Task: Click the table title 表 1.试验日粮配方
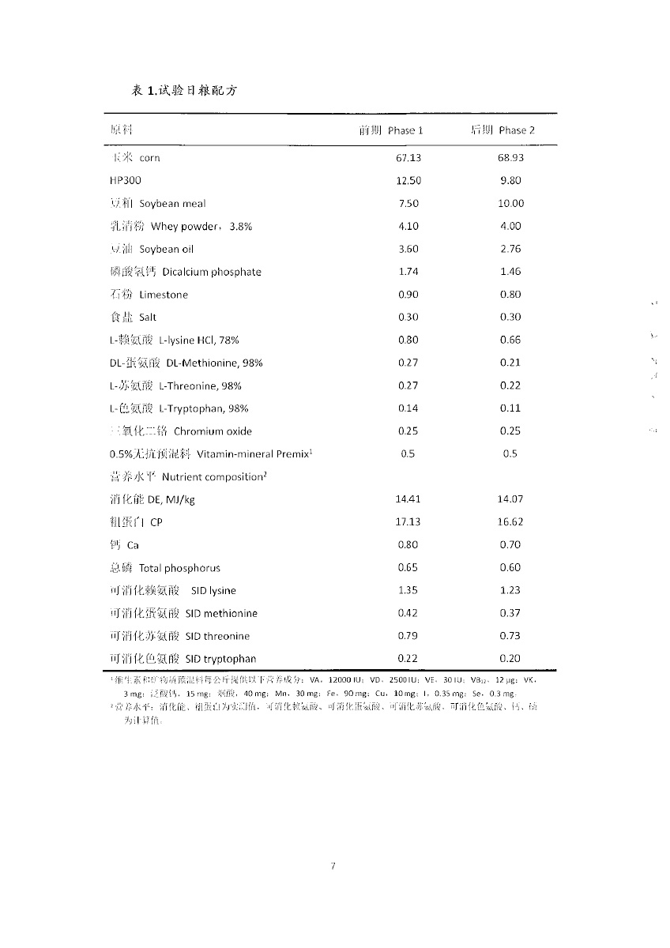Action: (x=183, y=91)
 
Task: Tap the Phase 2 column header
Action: (x=498, y=130)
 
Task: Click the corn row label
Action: (x=135, y=158)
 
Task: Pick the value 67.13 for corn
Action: (x=408, y=158)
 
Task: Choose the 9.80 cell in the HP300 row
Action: (x=510, y=180)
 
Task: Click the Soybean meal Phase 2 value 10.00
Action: (x=510, y=203)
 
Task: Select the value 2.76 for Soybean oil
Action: (x=510, y=249)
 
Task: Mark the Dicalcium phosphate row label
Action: (x=186, y=272)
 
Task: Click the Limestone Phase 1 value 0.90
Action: (x=408, y=295)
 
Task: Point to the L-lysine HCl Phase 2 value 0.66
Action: (x=510, y=340)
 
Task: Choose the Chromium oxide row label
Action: (x=181, y=431)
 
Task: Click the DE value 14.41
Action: (x=408, y=499)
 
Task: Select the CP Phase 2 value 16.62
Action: (x=510, y=522)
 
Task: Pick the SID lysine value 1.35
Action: (x=408, y=590)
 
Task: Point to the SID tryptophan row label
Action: (x=183, y=659)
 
